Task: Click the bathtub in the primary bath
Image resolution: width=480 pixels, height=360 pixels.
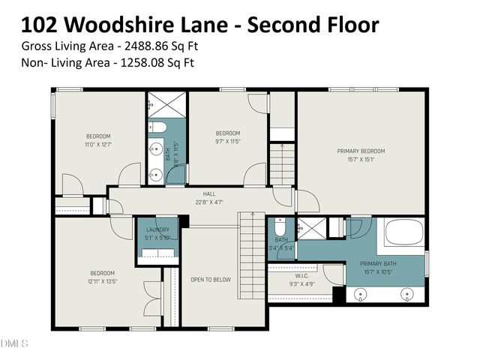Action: [x=404, y=234]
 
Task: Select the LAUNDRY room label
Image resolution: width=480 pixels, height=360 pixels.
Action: [x=157, y=229]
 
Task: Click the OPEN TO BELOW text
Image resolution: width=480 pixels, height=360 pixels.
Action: [x=210, y=280]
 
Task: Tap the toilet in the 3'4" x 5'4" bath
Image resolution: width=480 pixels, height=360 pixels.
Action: [x=277, y=226]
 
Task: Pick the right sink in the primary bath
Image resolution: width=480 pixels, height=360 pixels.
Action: [x=409, y=293]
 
